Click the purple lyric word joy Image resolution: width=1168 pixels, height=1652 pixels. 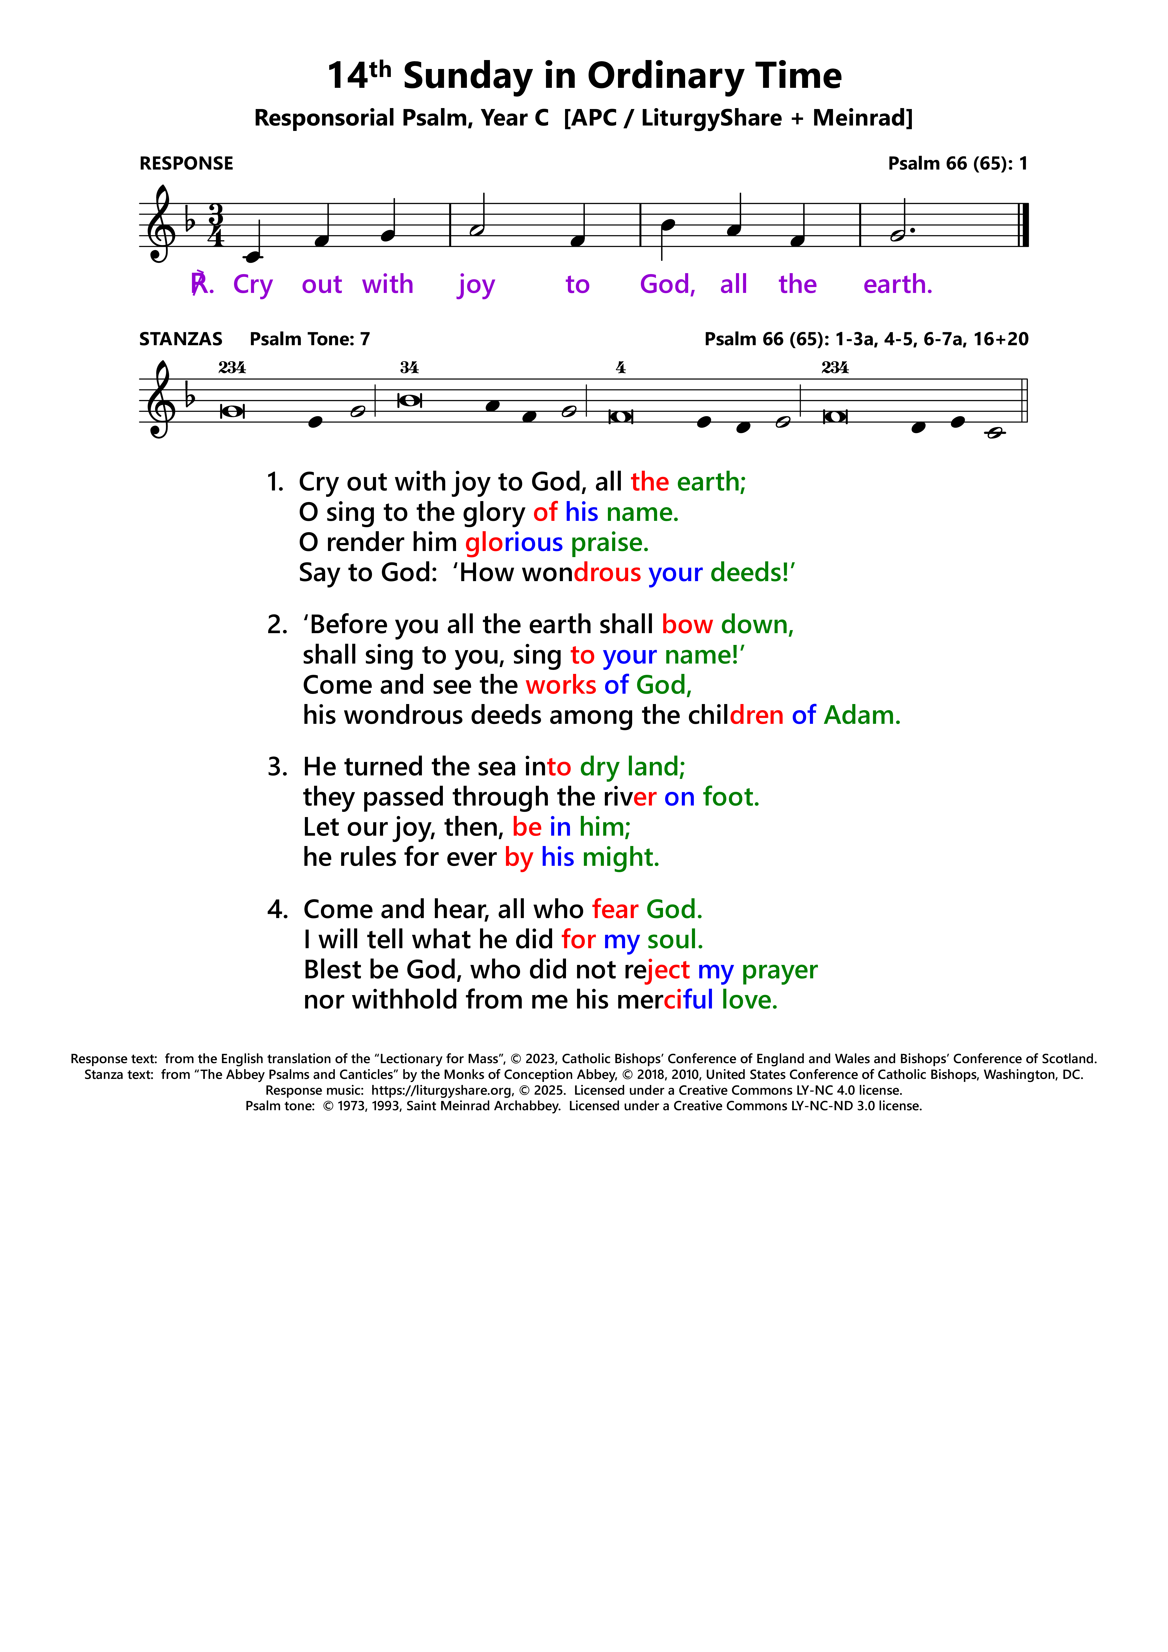476,285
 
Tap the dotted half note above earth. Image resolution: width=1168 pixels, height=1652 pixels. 898,235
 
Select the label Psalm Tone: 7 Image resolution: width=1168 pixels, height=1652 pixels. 309,339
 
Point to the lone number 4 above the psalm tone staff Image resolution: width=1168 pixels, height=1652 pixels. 620,368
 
